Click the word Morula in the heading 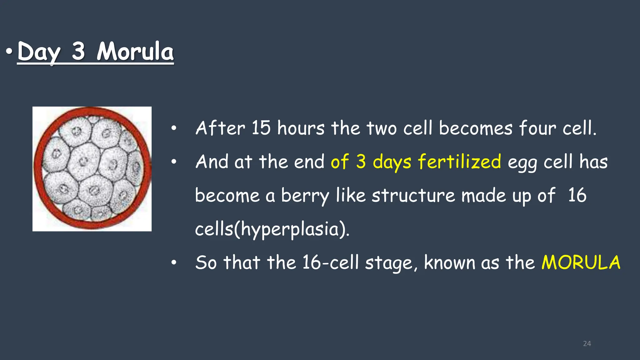click(135, 52)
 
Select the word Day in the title click(38, 52)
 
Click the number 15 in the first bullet click(261, 128)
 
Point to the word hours click(301, 128)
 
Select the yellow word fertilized click(459, 162)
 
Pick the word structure click(413, 196)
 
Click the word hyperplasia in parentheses click(290, 230)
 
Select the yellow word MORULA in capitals click(581, 262)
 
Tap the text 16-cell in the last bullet click(330, 262)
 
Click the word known click(449, 262)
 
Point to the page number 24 click(587, 344)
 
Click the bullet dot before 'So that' click(174, 262)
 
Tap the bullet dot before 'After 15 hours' click(174, 128)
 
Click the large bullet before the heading click(9, 51)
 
